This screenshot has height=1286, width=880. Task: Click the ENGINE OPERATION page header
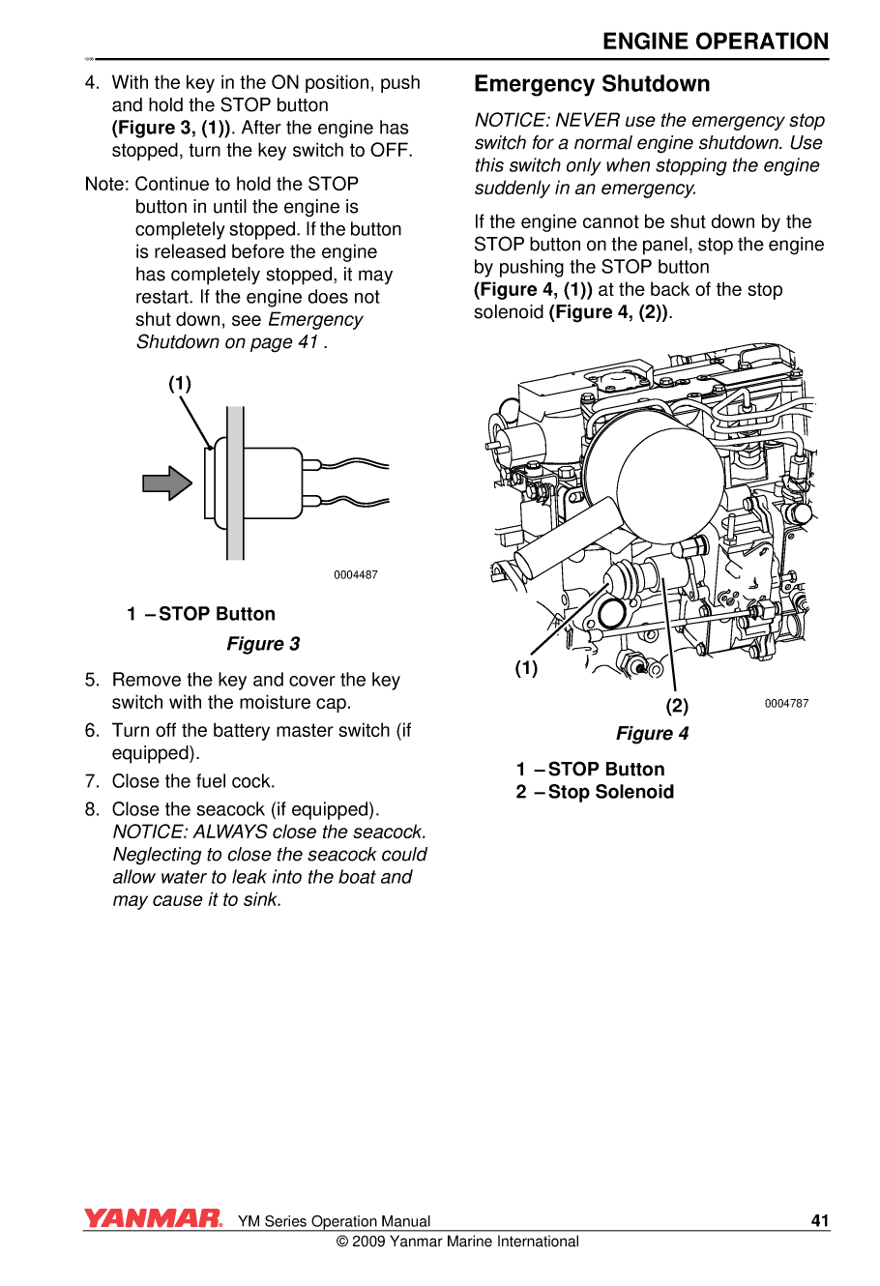point(715,42)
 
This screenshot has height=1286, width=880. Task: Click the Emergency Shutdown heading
point(592,84)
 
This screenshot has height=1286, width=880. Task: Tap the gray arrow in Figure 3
point(167,482)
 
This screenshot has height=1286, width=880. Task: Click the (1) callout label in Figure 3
point(180,384)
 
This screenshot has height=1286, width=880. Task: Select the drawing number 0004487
point(356,575)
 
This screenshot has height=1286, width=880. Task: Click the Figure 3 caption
point(263,644)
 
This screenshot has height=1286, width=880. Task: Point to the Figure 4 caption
point(652,734)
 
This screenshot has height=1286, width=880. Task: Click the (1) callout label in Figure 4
point(526,668)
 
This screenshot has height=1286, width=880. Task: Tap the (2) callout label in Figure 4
point(677,706)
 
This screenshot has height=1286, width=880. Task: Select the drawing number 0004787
point(786,704)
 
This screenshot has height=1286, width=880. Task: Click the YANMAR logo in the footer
point(153,1219)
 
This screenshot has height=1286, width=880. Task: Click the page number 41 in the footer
point(820,1220)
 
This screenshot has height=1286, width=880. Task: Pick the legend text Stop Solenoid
point(610,792)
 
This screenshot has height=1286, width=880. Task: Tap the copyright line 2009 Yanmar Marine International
point(457,1242)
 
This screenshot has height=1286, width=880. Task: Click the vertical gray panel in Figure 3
point(235,483)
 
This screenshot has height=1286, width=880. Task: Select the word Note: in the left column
point(107,184)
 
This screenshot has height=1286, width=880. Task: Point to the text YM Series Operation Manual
point(334,1221)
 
